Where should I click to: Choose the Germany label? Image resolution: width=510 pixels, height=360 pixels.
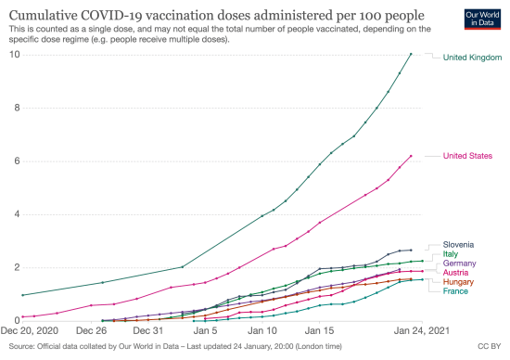click(459, 264)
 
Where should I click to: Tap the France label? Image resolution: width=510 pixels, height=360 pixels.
click(455, 291)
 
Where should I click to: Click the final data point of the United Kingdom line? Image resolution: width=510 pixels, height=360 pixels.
click(411, 54)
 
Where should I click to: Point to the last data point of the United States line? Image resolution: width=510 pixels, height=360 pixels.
click(411, 156)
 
